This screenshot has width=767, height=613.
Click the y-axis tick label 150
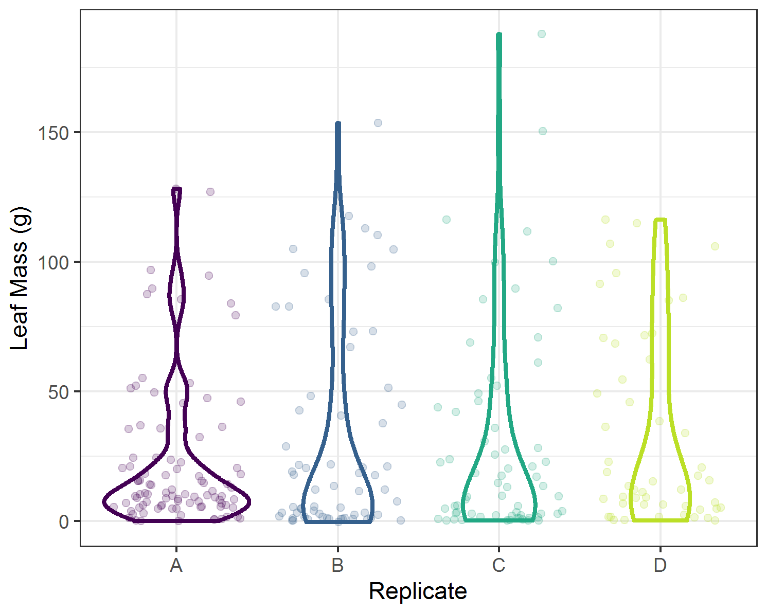click(53, 133)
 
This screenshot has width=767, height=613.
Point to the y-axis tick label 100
click(53, 262)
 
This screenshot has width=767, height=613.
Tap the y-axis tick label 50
click(58, 392)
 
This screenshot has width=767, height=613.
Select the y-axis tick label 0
click(63, 521)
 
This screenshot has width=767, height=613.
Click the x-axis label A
click(176, 565)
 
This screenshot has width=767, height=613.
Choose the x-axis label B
click(337, 565)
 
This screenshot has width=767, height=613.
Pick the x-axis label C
click(498, 565)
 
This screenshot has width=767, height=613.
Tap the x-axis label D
click(660, 565)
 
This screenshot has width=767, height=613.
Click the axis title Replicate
click(418, 591)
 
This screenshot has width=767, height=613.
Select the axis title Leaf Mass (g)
click(20, 278)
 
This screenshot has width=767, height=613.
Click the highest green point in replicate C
click(542, 34)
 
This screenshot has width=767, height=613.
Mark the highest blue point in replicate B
click(378, 123)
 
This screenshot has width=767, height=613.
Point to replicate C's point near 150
click(543, 131)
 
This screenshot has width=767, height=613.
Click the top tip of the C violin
click(499, 35)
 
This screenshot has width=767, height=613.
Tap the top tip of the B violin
click(338, 124)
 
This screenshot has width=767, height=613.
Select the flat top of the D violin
click(660, 220)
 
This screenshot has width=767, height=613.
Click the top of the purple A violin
click(176, 190)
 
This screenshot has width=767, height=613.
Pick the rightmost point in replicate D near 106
click(715, 246)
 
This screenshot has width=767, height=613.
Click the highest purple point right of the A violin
click(210, 192)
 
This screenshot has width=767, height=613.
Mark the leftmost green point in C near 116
click(447, 220)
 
